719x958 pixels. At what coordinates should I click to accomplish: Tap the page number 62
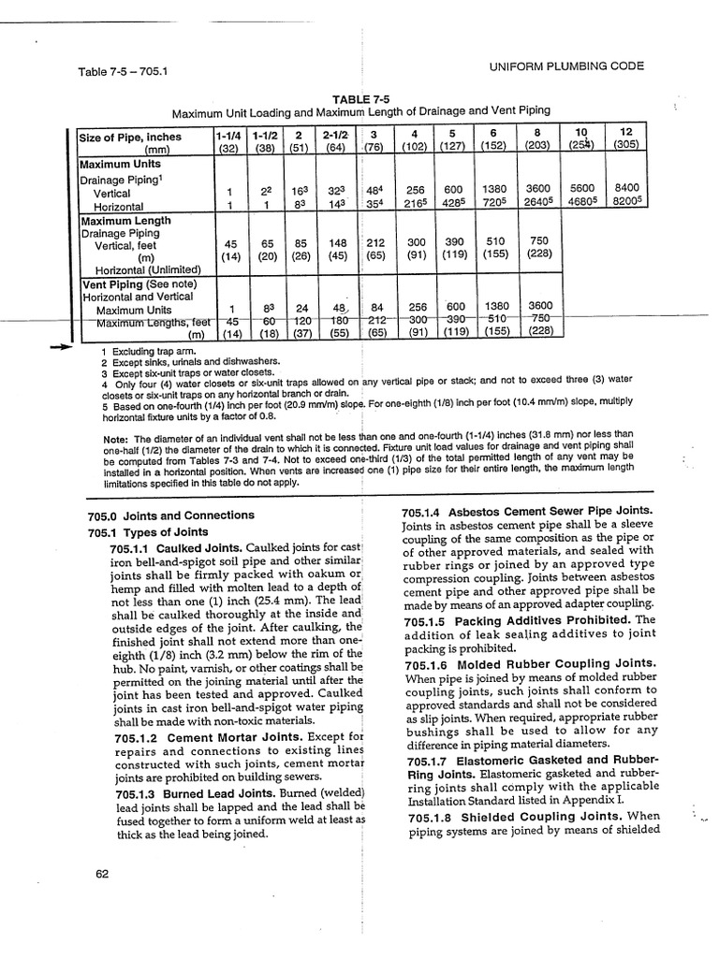[x=103, y=874]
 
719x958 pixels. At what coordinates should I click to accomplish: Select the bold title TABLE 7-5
[x=360, y=97]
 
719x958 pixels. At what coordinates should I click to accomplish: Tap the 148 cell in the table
[x=338, y=242]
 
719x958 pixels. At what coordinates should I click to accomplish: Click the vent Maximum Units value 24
[x=302, y=309]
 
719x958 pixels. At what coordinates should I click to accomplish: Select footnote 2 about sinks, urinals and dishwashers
[x=187, y=362]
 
